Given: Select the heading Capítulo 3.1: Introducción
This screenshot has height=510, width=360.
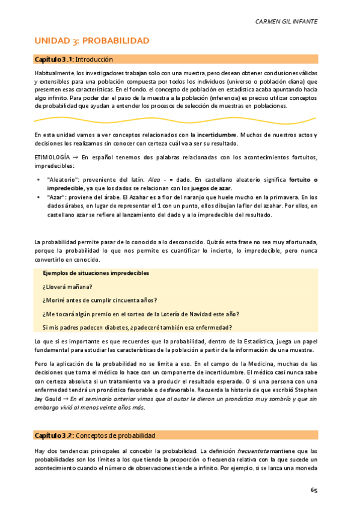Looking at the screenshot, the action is point(74,60).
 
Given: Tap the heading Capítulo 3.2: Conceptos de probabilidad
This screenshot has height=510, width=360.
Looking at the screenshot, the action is point(95,435).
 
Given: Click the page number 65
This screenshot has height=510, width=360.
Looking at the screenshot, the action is point(314,490).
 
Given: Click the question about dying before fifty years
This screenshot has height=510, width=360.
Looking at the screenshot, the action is point(100,300).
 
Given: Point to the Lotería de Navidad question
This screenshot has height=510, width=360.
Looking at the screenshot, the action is point(141,314).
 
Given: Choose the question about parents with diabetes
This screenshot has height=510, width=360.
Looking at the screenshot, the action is point(137,328).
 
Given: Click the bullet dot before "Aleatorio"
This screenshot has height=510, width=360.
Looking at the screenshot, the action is point(39,180).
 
